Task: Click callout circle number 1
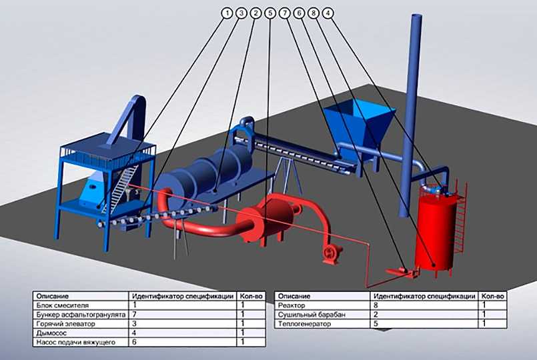[227, 13]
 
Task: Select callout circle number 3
[241, 13]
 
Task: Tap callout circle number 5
[270, 13]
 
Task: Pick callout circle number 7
[285, 13]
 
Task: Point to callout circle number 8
[314, 13]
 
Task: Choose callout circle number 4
[328, 13]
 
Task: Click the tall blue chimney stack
[410, 113]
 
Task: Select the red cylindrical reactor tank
[435, 229]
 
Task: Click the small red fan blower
[331, 254]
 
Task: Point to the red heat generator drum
[267, 217]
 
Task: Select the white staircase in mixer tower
[120, 188]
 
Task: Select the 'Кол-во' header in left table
[251, 296]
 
